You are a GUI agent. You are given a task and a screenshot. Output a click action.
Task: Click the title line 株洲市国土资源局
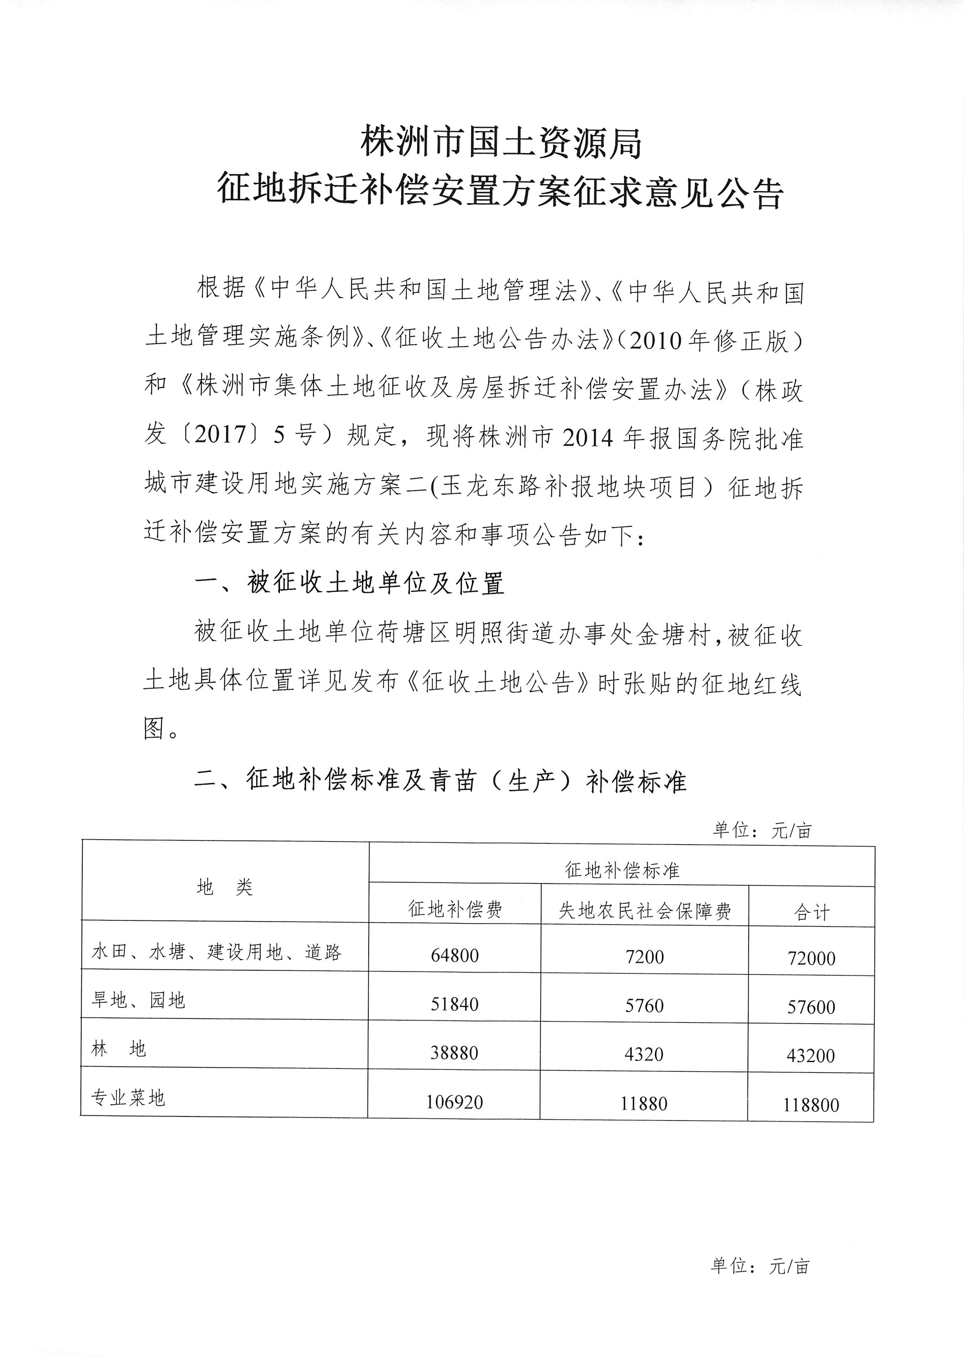click(x=502, y=143)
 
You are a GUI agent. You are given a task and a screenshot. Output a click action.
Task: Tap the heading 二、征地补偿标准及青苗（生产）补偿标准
click(x=440, y=780)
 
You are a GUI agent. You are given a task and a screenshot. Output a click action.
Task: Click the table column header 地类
click(x=225, y=887)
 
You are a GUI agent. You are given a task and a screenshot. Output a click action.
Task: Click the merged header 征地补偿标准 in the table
click(x=621, y=870)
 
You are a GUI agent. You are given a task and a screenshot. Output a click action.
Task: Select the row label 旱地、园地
click(x=138, y=1001)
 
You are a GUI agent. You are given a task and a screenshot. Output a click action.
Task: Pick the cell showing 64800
click(x=454, y=955)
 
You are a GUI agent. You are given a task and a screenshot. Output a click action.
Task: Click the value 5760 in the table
click(x=644, y=1005)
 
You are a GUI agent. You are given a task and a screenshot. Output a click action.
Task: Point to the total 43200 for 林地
click(x=810, y=1055)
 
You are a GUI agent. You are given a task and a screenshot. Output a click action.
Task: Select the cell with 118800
click(x=810, y=1105)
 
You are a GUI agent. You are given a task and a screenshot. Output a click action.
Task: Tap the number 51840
click(x=454, y=1004)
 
